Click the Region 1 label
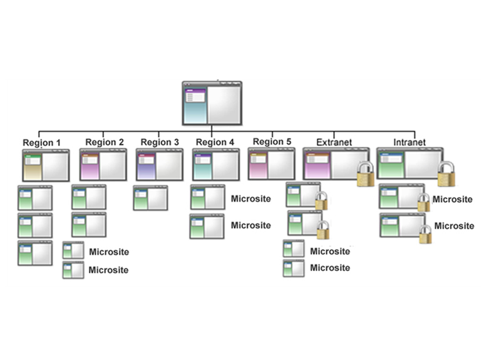tap(41, 143)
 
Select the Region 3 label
tap(160, 142)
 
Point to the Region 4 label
tap(215, 142)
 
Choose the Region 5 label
tap(272, 141)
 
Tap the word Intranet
tap(409, 142)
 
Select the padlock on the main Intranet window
tap(447, 174)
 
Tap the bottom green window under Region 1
tap(35, 253)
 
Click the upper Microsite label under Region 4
tap(251, 199)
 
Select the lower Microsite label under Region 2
tap(108, 270)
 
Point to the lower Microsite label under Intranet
tap(454, 226)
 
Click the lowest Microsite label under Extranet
tap(330, 268)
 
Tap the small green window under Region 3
tap(150, 198)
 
